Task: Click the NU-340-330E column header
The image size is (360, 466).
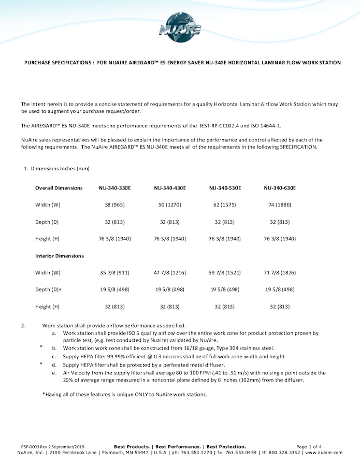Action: pyautogui.click(x=115, y=188)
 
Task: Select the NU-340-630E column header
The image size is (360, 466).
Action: pyautogui.click(x=280, y=188)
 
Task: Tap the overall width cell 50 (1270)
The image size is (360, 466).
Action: pyautogui.click(x=170, y=205)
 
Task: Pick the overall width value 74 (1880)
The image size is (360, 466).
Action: pyautogui.click(x=280, y=205)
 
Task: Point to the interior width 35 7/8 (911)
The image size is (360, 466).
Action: pyautogui.click(x=115, y=272)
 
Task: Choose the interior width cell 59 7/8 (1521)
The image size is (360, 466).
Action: pyautogui.click(x=225, y=272)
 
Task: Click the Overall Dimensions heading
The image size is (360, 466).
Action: pyautogui.click(x=59, y=188)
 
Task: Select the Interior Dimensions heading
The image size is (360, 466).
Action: pyautogui.click(x=59, y=256)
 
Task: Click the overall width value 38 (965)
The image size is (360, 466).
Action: pyautogui.click(x=115, y=205)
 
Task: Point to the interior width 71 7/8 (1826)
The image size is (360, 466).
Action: pyautogui.click(x=280, y=272)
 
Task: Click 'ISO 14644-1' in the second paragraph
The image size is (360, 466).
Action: pyautogui.click(x=266, y=126)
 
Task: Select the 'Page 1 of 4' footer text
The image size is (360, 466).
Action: pyautogui.click(x=309, y=446)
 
